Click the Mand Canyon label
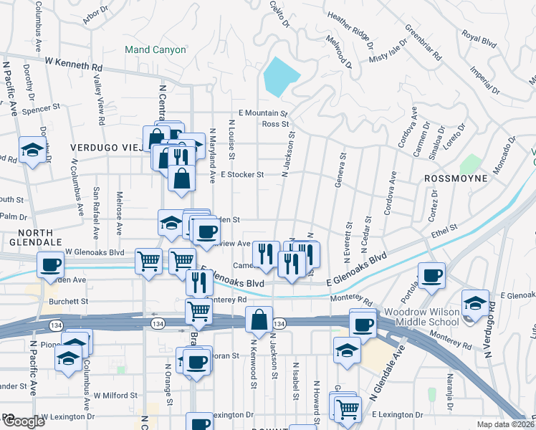click(x=155, y=50)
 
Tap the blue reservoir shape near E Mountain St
click(x=281, y=76)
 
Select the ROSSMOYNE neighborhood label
click(x=456, y=178)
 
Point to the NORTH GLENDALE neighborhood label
click(x=27, y=238)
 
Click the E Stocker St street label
click(x=242, y=174)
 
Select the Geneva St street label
click(x=340, y=169)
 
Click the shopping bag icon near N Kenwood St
click(x=259, y=320)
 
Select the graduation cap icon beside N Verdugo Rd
click(x=475, y=302)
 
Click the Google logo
click(x=24, y=421)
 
